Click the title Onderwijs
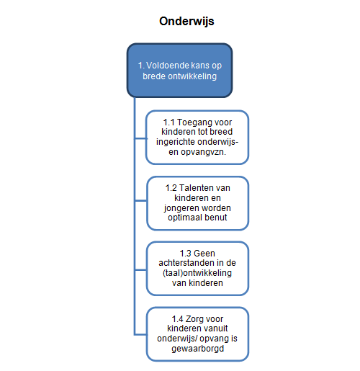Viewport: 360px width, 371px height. pos(186,21)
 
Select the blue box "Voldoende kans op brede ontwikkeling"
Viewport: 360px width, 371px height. pos(179,71)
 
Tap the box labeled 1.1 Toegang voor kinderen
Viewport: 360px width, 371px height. pos(197,138)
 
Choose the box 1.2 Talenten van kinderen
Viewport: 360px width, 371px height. pos(197,203)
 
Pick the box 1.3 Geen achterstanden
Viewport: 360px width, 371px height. pos(197,269)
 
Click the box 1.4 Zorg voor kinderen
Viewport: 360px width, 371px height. pos(197,334)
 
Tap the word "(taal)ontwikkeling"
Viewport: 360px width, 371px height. pos(197,273)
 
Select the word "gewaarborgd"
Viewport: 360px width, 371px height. pos(198,349)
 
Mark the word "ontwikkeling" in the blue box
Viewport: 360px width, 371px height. pos(192,76)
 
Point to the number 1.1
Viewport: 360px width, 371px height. pos(168,122)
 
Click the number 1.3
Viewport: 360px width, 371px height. pos(185,254)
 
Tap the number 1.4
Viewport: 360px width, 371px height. pos(177,319)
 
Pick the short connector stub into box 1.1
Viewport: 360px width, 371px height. pos(140,138)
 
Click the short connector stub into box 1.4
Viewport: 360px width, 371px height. pos(140,334)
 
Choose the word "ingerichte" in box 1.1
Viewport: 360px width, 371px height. pos(176,142)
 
